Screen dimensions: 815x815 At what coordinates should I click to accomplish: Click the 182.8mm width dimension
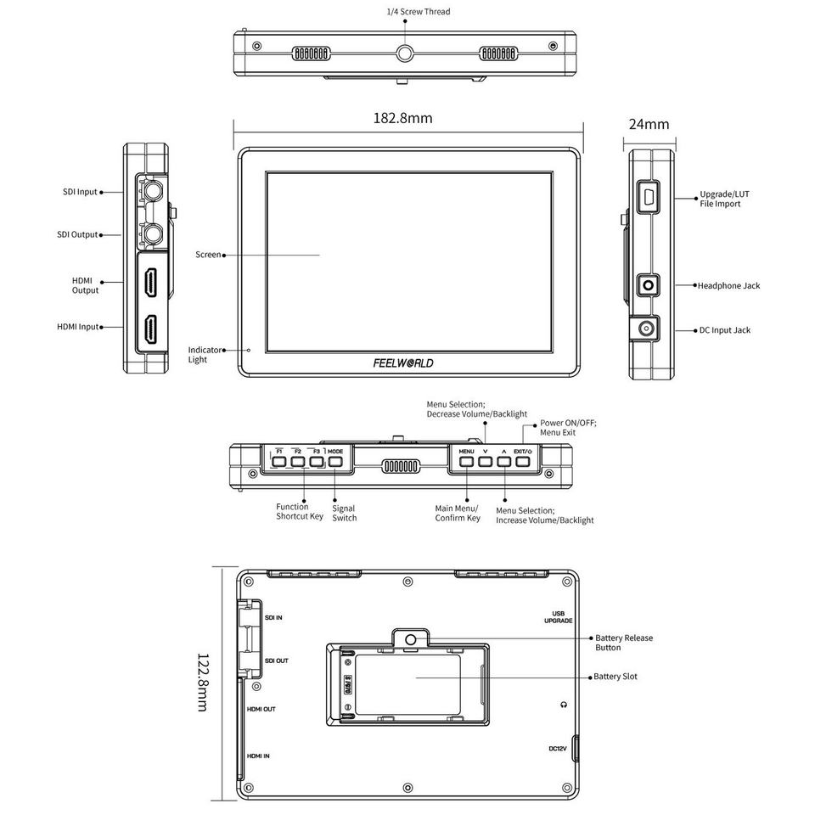coord(402,118)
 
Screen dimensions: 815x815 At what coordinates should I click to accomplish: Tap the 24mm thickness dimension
coord(649,124)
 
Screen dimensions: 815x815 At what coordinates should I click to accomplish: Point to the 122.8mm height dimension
coord(203,682)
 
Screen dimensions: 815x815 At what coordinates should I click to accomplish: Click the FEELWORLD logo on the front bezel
coord(403,363)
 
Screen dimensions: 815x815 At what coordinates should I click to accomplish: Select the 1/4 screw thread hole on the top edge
coord(405,53)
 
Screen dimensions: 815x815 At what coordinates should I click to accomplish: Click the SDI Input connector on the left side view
coord(153,191)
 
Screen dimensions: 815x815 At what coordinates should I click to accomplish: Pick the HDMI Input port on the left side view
coord(151,329)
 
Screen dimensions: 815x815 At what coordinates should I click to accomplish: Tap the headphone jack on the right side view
coord(648,285)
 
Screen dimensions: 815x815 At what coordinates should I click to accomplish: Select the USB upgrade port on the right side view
coord(649,196)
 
